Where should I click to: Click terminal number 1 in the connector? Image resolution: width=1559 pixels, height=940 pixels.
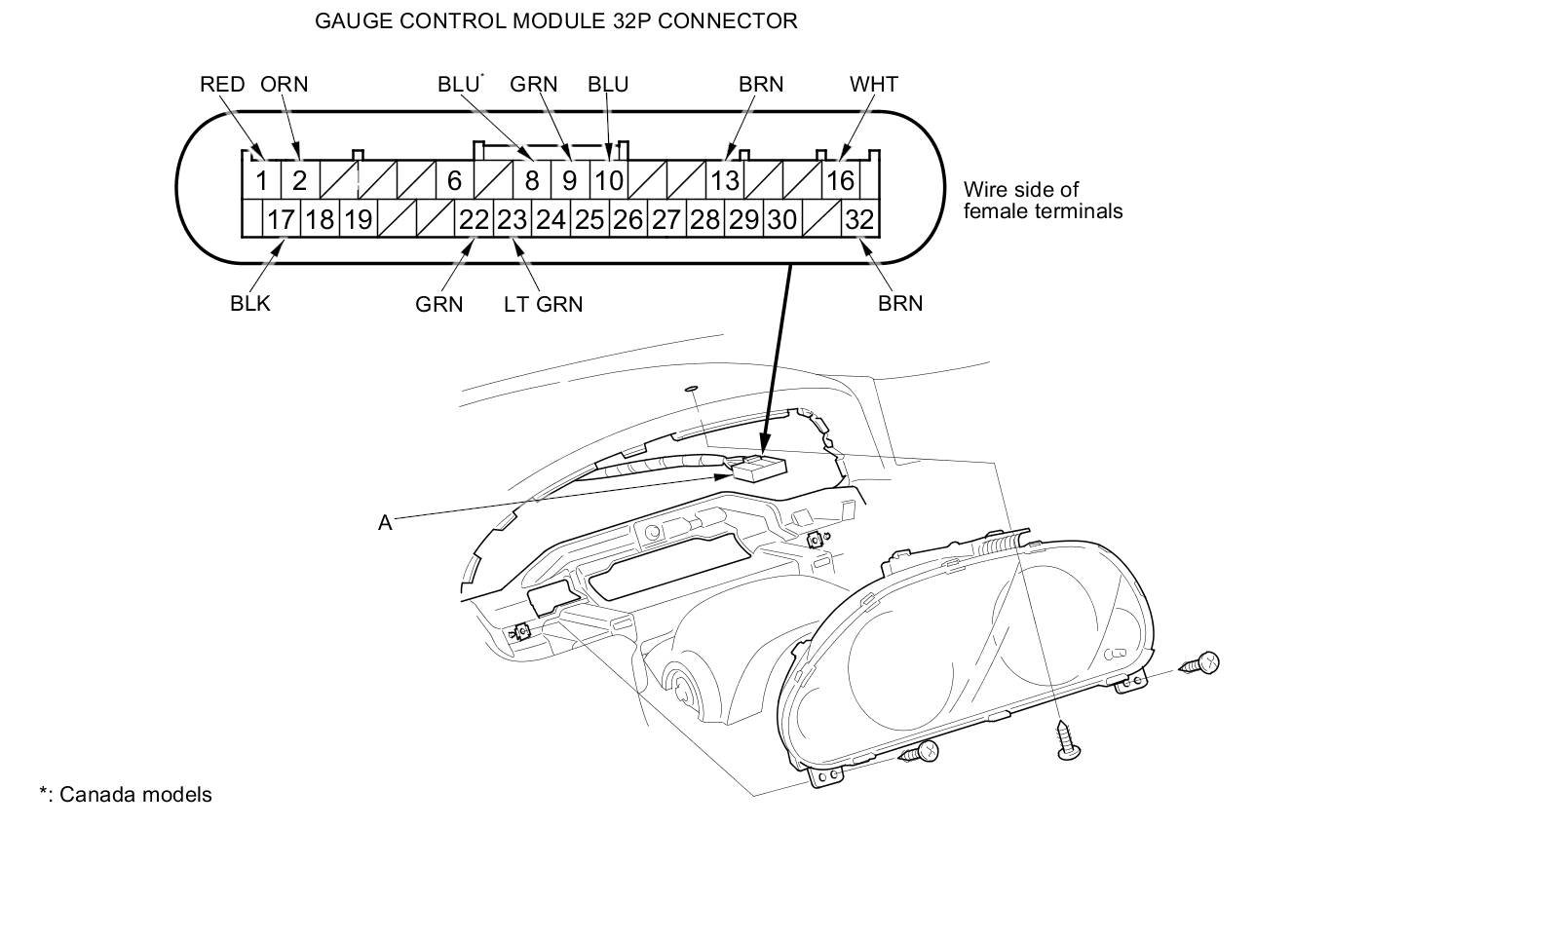point(261,180)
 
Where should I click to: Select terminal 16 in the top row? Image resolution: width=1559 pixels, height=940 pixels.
point(840,180)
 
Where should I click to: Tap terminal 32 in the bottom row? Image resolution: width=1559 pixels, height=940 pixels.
point(858,220)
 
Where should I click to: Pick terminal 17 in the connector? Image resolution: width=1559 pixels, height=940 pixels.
point(281,220)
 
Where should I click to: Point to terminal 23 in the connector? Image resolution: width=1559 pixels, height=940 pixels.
point(512,220)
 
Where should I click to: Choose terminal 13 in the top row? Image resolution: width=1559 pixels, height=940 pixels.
point(724,180)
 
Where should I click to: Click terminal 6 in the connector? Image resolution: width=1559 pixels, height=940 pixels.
point(454,180)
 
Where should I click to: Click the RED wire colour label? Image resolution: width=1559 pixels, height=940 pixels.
point(222,85)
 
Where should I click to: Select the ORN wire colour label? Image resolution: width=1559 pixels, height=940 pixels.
point(284,85)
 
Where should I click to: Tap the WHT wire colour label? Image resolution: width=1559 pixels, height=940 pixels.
point(873,85)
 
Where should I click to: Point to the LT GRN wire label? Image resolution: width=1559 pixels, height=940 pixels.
point(543,305)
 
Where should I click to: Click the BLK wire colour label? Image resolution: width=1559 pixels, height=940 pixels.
point(250,304)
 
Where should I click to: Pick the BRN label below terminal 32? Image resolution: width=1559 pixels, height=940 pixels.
point(899,304)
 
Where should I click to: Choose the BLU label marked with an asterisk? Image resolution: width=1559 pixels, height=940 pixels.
point(459,85)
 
